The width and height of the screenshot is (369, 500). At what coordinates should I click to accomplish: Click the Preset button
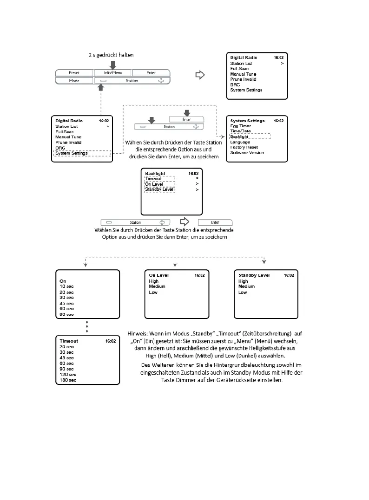click(x=74, y=73)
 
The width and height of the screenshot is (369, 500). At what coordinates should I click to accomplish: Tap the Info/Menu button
click(x=113, y=73)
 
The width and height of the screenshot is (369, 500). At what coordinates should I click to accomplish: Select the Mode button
click(x=74, y=81)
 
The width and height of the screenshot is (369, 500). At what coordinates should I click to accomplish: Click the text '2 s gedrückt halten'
click(x=111, y=55)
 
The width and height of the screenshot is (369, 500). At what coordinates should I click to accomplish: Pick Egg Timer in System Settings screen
click(x=241, y=126)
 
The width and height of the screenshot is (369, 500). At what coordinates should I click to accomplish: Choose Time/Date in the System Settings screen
click(x=241, y=131)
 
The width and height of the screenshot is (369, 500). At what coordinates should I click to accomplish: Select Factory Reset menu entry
click(x=244, y=147)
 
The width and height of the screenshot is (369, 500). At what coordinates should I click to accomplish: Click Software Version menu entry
click(x=247, y=153)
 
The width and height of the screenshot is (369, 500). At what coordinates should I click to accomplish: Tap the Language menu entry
click(x=240, y=142)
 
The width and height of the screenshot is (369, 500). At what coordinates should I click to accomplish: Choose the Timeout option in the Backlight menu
click(x=153, y=179)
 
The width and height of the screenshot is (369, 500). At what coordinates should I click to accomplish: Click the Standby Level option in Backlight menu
click(x=159, y=189)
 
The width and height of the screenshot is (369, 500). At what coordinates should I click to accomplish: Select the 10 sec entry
click(x=66, y=286)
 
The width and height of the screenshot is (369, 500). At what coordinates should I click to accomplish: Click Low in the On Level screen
click(x=153, y=292)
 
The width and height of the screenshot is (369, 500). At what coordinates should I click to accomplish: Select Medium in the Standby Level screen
click(x=247, y=286)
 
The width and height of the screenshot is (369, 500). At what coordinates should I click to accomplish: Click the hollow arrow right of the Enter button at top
click(x=200, y=74)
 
